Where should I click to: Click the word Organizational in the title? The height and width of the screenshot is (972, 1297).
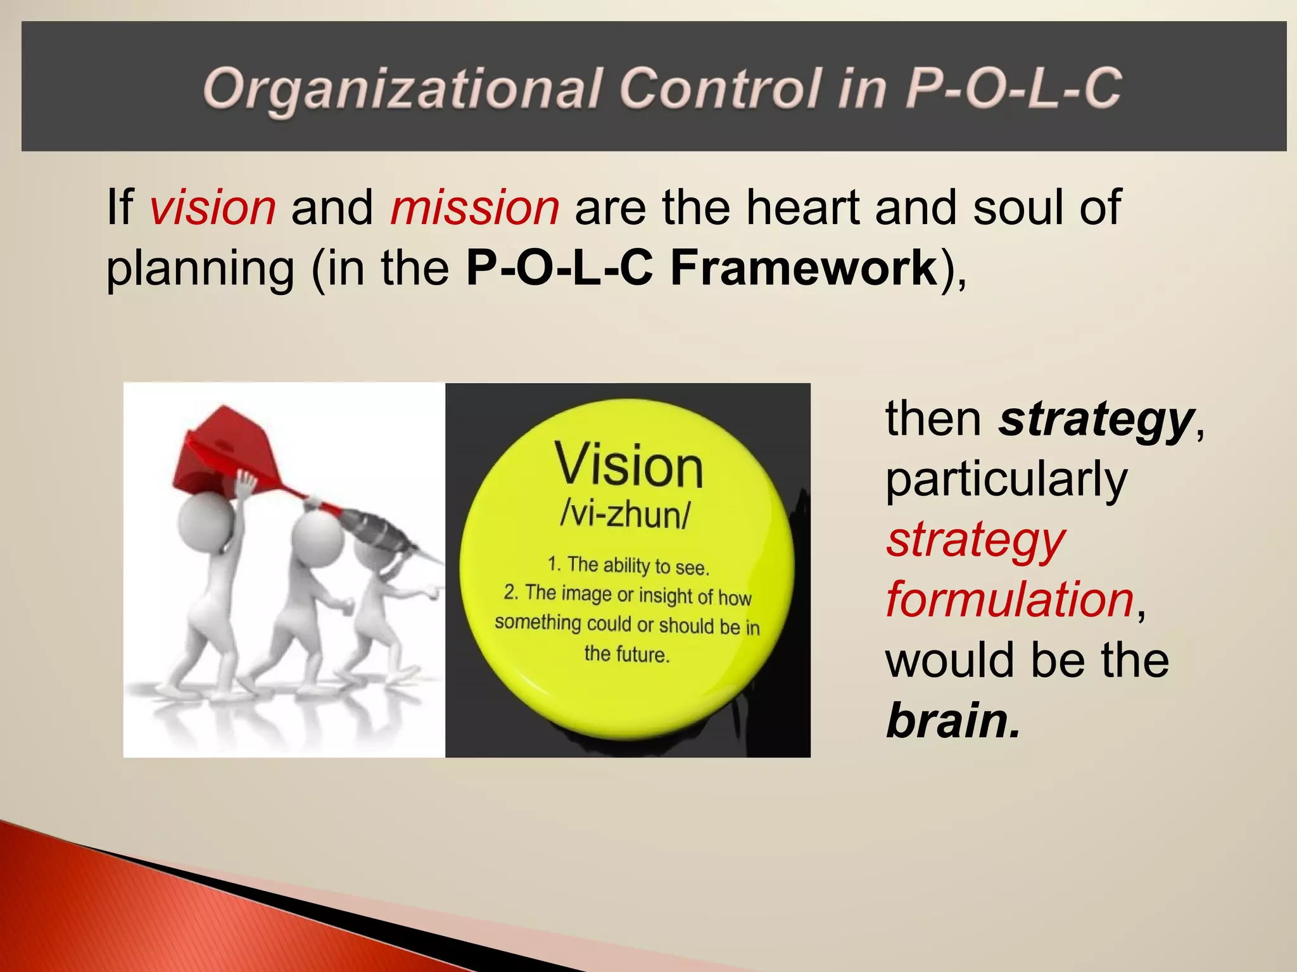pos(402,89)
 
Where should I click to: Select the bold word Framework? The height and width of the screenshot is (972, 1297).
pos(803,268)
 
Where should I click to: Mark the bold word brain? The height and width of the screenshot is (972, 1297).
pos(952,721)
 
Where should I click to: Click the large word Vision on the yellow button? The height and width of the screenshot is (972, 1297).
pos(629,465)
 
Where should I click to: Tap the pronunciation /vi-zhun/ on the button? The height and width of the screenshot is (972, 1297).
pos(626,514)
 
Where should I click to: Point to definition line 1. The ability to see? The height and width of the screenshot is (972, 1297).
pos(628,565)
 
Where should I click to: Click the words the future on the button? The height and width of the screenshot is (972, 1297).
pos(626,653)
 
